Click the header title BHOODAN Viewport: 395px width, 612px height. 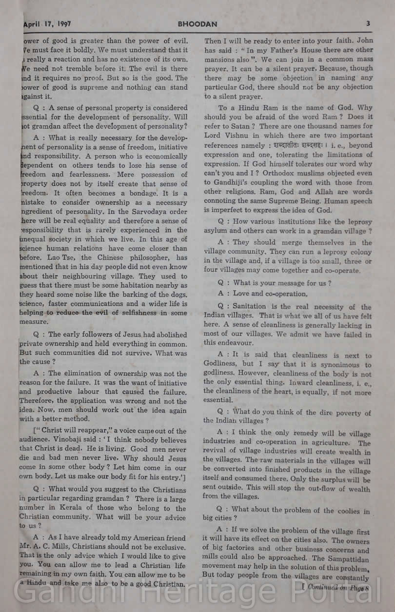[197, 23]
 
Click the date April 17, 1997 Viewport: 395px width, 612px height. [47, 23]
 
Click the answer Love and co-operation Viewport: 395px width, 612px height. [270, 294]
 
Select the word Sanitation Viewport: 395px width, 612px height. [249, 307]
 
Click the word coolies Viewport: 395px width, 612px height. [345, 511]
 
